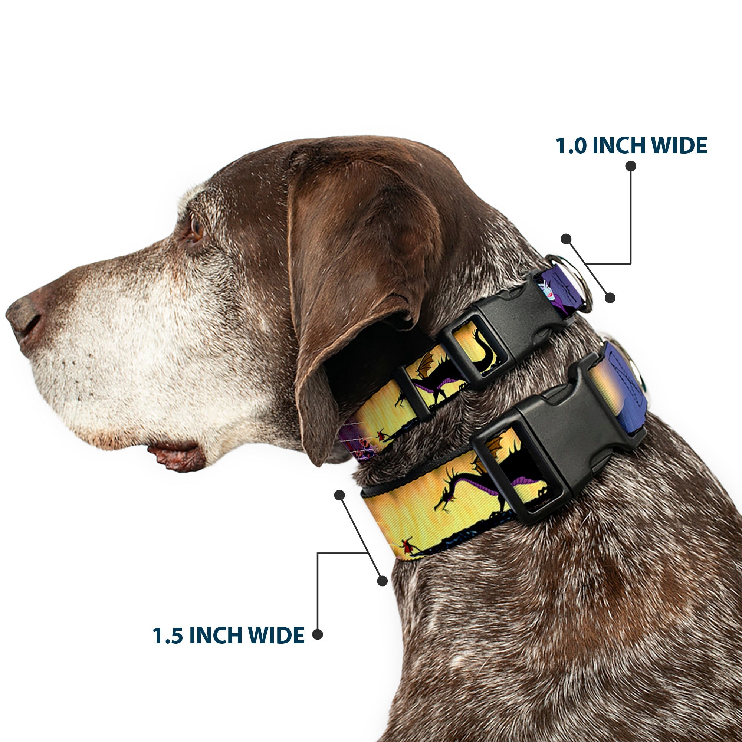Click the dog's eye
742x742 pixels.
pos(196,228)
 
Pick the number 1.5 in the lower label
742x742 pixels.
pos(167,636)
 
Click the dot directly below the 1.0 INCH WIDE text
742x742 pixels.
pos(631,166)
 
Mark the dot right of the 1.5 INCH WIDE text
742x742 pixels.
pos(317,634)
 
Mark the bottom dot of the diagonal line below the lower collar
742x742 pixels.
pos(382,581)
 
